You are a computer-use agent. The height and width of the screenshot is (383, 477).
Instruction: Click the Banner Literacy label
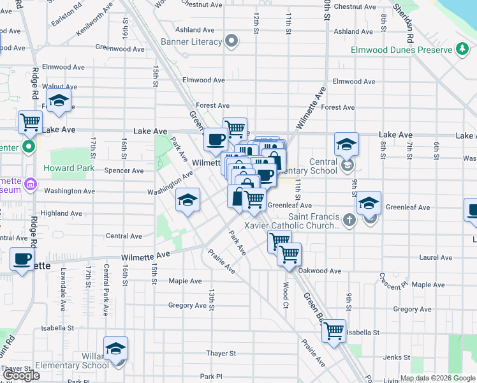pyautogui.click(x=195, y=42)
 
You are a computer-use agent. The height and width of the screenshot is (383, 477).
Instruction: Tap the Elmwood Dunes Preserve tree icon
pyautogui.click(x=462, y=50)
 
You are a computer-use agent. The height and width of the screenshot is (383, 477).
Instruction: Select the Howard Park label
pyautogui.click(x=69, y=169)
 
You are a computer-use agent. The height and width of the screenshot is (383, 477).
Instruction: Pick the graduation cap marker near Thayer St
pyautogui.click(x=115, y=349)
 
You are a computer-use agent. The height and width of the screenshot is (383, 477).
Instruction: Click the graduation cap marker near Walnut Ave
pyautogui.click(x=59, y=101)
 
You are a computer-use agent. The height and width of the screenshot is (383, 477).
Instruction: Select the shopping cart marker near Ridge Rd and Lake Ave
pyautogui.click(x=30, y=123)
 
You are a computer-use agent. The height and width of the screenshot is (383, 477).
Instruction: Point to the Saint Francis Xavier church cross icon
pyautogui.click(x=348, y=220)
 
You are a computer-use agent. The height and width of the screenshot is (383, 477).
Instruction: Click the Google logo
pyautogui.click(x=22, y=376)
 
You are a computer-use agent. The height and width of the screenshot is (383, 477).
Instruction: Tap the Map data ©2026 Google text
pyautogui.click(x=437, y=378)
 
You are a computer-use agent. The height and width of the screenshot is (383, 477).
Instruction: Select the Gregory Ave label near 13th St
pyautogui.click(x=187, y=306)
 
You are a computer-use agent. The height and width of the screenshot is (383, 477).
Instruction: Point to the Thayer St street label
pyautogui.click(x=221, y=353)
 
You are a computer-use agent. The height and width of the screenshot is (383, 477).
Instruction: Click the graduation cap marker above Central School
pyautogui.click(x=346, y=144)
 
